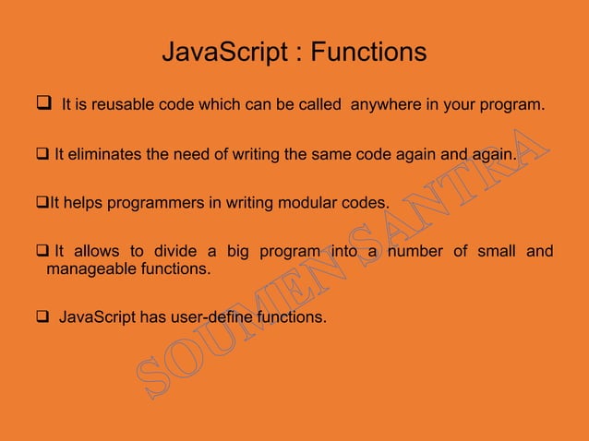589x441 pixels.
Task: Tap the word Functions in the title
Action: tap(368, 53)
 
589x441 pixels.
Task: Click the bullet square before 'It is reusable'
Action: tap(41, 105)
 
